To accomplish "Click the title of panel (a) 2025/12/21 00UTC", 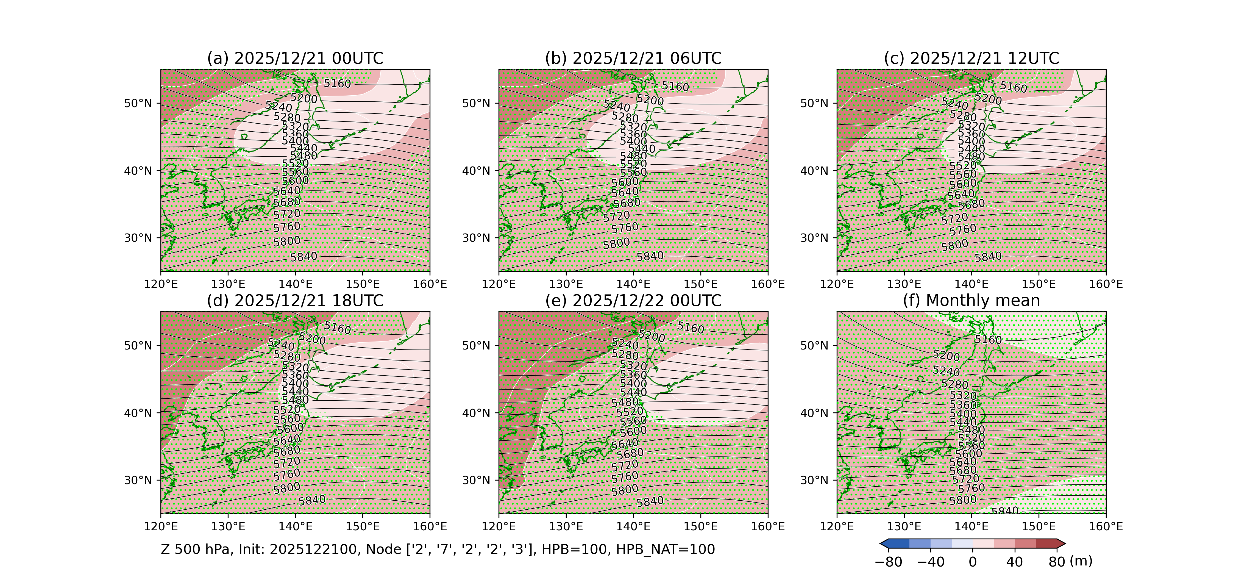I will point(295,59).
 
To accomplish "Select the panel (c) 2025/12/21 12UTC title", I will point(971,59).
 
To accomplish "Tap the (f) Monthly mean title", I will point(971,301).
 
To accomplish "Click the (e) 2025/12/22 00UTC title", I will point(633,301).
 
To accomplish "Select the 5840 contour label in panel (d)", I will point(312,500).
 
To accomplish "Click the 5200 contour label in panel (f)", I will point(946,356).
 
